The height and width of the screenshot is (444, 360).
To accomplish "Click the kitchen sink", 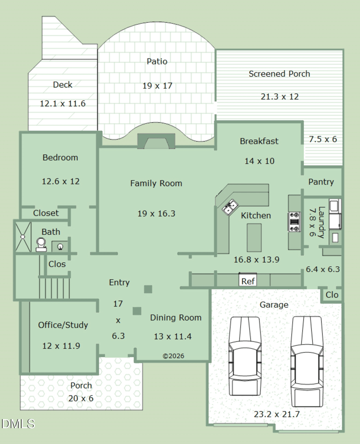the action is pyautogui.click(x=230, y=207).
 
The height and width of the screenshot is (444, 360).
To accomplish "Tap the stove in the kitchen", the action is pyautogui.click(x=294, y=222).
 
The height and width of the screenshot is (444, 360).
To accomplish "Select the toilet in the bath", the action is pyautogui.click(x=41, y=245).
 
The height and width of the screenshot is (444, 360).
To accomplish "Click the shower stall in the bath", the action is pyautogui.click(x=22, y=237).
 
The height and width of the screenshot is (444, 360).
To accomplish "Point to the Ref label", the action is pyautogui.click(x=248, y=281).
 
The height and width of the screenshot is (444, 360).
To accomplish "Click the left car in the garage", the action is pyautogui.click(x=245, y=356).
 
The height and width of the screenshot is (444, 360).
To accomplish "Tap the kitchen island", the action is pyautogui.click(x=254, y=238).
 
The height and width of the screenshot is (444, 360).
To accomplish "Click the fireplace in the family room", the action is pyautogui.click(x=156, y=141).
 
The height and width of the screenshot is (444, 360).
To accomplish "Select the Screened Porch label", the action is pyautogui.click(x=279, y=74).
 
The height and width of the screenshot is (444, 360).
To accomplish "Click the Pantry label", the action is pyautogui.click(x=321, y=182).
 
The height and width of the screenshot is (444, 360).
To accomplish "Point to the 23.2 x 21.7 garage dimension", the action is pyautogui.click(x=276, y=414).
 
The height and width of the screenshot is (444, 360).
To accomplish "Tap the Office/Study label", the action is pyautogui.click(x=63, y=325).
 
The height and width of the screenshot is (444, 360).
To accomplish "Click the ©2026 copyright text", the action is pyautogui.click(x=173, y=356).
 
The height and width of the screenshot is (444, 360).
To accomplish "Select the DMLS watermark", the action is pyautogui.click(x=18, y=424).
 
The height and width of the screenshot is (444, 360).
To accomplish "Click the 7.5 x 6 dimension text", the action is pyautogui.click(x=323, y=139).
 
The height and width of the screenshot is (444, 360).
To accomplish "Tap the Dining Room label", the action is pyautogui.click(x=175, y=318).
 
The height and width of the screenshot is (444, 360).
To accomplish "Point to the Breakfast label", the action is pyautogui.click(x=259, y=141).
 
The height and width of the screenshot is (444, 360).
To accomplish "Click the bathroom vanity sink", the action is pyautogui.click(x=60, y=247).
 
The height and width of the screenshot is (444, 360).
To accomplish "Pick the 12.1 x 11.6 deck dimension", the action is pyautogui.click(x=63, y=103).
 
